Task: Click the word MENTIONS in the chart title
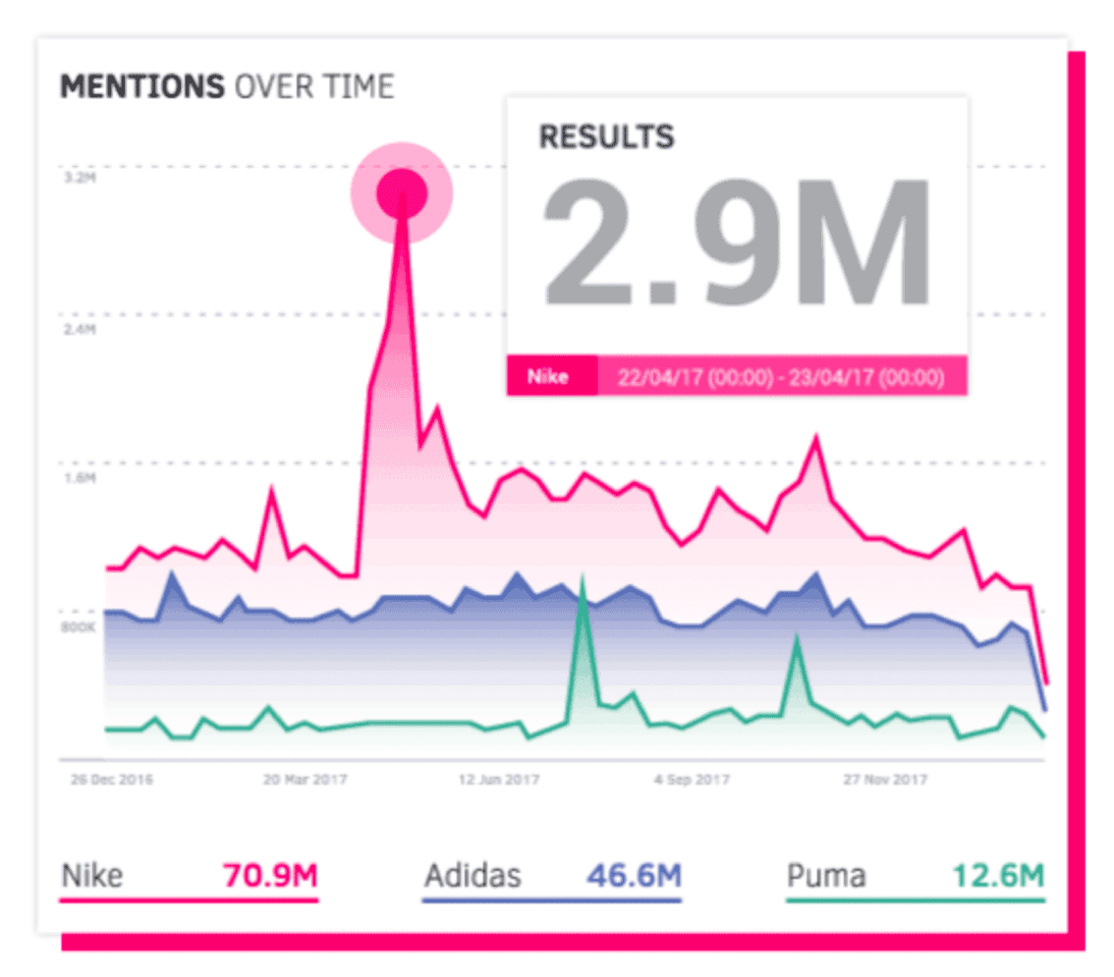pyautogui.click(x=141, y=86)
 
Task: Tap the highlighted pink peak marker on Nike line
pyautogui.click(x=402, y=192)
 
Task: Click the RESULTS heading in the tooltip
pyautogui.click(x=606, y=136)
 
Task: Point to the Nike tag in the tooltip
pyautogui.click(x=548, y=377)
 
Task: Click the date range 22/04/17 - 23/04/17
pyautogui.click(x=781, y=377)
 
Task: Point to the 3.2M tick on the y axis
pyautogui.click(x=78, y=180)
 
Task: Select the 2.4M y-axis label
pyautogui.click(x=78, y=329)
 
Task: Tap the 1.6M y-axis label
pyautogui.click(x=78, y=478)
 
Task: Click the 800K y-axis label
pyautogui.click(x=78, y=626)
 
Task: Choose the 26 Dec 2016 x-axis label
pyautogui.click(x=111, y=781)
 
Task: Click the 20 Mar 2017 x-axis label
pyautogui.click(x=306, y=781)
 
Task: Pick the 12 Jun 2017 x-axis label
pyautogui.click(x=499, y=781)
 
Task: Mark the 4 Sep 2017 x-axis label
pyautogui.click(x=693, y=781)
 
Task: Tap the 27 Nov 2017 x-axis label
pyautogui.click(x=887, y=781)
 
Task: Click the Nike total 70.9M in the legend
pyautogui.click(x=270, y=875)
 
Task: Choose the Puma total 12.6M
pyautogui.click(x=999, y=875)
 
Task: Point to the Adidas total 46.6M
pyautogui.click(x=634, y=875)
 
